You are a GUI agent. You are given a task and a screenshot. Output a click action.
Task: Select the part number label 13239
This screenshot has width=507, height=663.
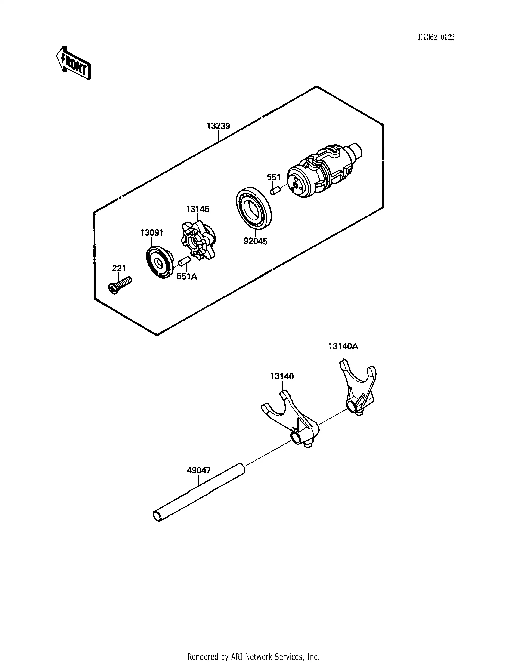pos(218,126)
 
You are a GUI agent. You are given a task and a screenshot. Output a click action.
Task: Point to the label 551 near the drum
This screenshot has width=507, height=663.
pos(273,177)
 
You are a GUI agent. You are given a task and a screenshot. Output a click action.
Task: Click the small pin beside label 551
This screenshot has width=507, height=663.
pos(275,191)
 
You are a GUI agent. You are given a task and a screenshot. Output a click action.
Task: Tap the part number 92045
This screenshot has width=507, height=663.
pos(255,241)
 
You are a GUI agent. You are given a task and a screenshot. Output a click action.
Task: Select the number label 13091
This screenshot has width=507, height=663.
pos(151,233)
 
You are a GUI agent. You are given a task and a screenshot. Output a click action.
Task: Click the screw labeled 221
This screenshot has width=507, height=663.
pos(120,285)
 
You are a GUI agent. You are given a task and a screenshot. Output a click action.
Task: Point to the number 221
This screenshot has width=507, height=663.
pos(119,268)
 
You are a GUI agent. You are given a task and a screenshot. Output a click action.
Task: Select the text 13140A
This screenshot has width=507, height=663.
pos(343,346)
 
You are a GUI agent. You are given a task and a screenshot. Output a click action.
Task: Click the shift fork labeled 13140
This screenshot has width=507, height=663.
pos(290,419)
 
